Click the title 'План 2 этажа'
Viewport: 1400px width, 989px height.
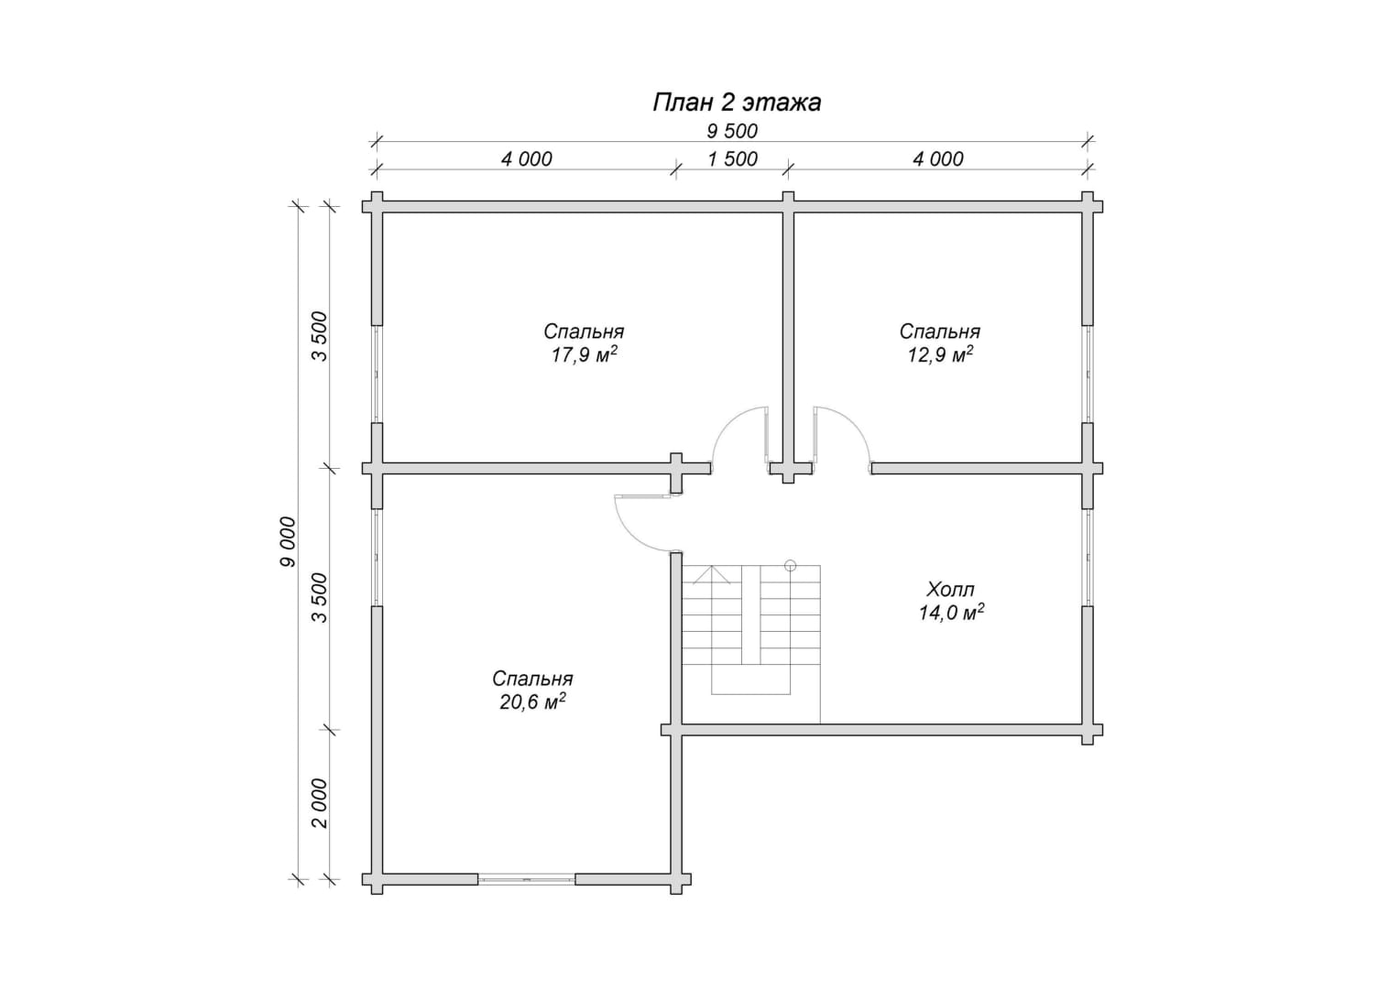tap(737, 103)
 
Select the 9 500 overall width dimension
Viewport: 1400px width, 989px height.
tap(732, 131)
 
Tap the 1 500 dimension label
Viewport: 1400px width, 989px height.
tap(732, 159)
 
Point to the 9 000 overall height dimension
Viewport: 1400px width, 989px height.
tap(287, 542)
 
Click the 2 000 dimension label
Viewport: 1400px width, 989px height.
tap(320, 803)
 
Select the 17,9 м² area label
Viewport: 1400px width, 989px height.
tap(584, 355)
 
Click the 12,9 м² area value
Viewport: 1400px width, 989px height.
tap(940, 355)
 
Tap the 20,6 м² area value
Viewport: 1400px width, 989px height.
tap(532, 702)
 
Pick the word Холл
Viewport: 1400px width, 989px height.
tap(951, 589)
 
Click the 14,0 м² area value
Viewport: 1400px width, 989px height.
tap(951, 613)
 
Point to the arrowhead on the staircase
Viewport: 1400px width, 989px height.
tap(712, 574)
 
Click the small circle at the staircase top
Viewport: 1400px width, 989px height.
tap(790, 565)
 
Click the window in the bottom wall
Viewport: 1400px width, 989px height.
tap(526, 879)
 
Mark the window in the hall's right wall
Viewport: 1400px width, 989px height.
tap(1088, 558)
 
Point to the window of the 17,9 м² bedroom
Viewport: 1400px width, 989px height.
tap(377, 374)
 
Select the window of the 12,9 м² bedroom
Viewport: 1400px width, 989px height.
tap(1088, 374)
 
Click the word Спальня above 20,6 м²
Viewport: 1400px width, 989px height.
tap(532, 679)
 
